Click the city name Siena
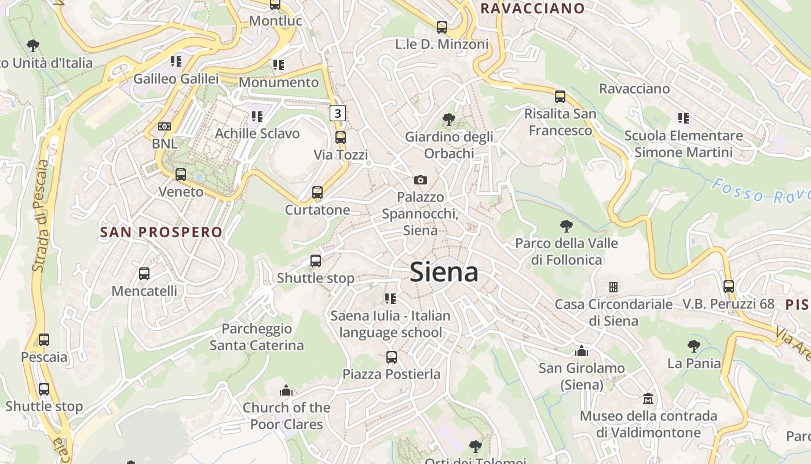coord(444,272)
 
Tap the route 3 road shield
coord(338,113)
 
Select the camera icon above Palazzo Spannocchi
coord(421,180)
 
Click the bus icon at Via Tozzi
coord(341,137)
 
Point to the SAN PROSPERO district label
coord(161,233)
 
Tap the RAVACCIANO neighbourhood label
coord(532,8)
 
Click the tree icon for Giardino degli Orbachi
coord(448,119)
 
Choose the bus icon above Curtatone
coord(317,193)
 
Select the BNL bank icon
coord(165,126)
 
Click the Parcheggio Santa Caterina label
coord(257,337)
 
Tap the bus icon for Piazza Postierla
coord(392,357)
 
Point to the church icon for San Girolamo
coord(582,351)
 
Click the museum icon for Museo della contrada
coord(648,399)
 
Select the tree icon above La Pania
coord(694,346)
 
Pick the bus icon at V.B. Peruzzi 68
coord(729,286)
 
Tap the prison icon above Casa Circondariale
coord(613,287)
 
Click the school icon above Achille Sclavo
coord(257,117)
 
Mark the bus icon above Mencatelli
coord(144,273)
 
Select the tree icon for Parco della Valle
coord(567,226)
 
